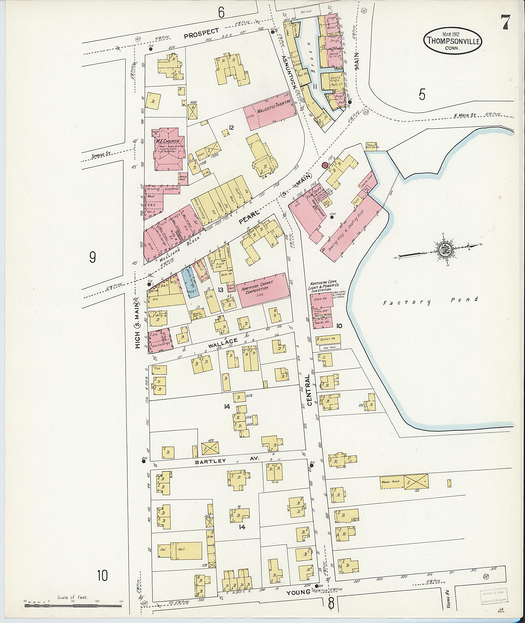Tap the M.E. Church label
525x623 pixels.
(x=167, y=141)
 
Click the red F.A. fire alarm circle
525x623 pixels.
(x=325, y=165)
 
